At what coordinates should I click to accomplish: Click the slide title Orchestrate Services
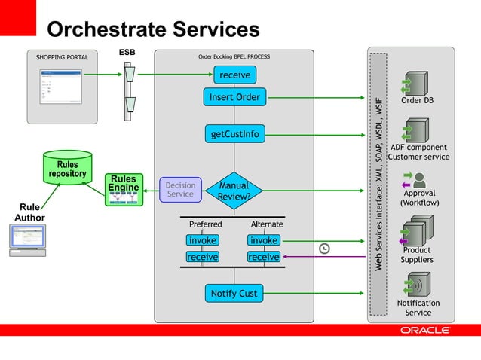tap(153, 29)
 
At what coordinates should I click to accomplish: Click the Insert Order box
tap(234, 97)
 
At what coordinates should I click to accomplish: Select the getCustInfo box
tap(234, 134)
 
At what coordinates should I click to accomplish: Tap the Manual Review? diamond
tap(234, 191)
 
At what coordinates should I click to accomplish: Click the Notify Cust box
tap(234, 293)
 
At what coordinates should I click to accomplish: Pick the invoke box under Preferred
tap(202, 240)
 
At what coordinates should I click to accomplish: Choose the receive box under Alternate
tap(264, 257)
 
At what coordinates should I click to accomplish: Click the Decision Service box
tap(180, 190)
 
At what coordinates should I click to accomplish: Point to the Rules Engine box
tap(122, 190)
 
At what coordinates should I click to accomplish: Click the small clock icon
tap(324, 249)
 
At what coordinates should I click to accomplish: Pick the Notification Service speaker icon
tap(417, 285)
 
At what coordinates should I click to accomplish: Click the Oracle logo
tap(425, 330)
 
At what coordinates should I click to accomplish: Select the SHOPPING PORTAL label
tap(62, 57)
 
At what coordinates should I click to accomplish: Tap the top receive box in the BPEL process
tap(234, 75)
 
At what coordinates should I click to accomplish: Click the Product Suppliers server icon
tap(417, 230)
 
